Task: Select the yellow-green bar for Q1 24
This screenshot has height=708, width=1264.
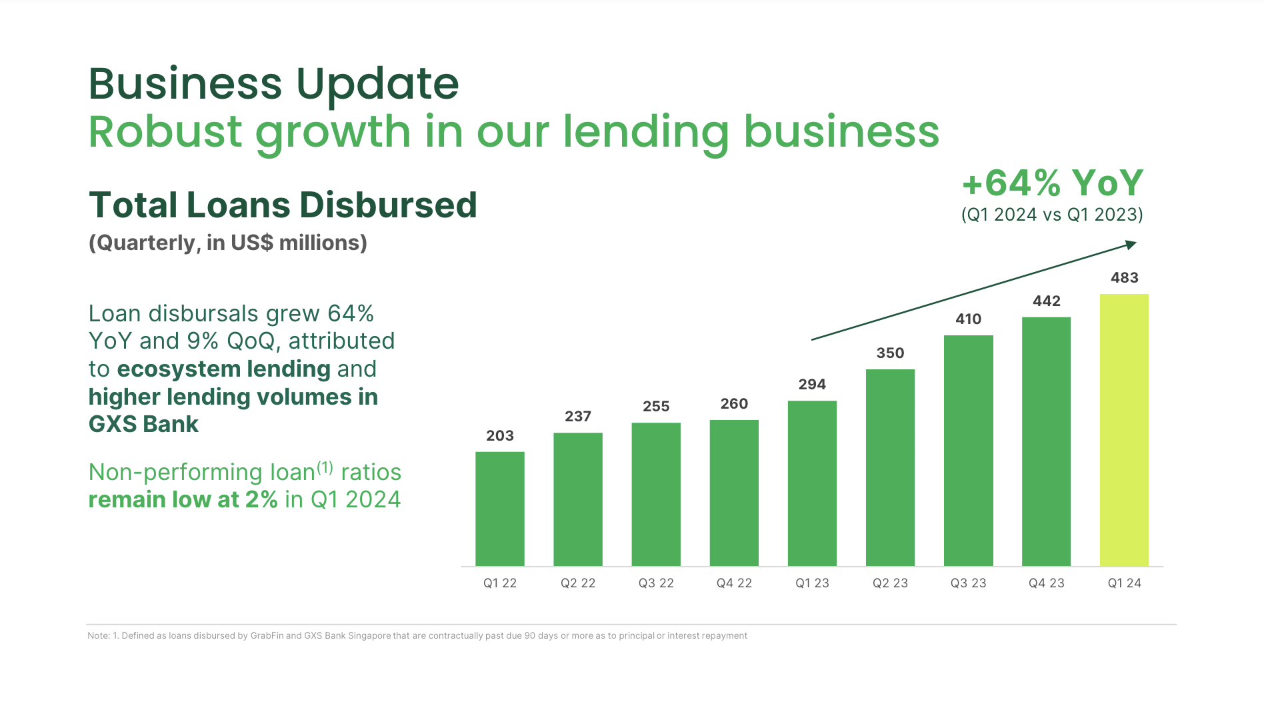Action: coord(1124,430)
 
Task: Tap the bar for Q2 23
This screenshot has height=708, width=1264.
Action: coord(890,467)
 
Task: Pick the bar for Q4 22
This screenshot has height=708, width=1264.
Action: coord(734,493)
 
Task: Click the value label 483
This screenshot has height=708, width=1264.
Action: coord(1124,278)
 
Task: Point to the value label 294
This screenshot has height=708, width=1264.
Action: coord(812,385)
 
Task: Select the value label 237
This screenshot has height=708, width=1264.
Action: coord(578,417)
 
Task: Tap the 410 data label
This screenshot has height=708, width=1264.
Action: coord(968,319)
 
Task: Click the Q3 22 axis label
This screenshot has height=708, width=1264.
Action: coord(656,583)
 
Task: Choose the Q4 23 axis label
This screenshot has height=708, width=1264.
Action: coord(1046,583)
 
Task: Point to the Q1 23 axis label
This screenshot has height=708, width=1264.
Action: coord(812,583)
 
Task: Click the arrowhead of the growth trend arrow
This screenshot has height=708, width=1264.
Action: coord(1131,245)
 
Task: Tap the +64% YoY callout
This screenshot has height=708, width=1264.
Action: coord(1053,183)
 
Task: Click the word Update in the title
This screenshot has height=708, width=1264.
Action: coord(377,84)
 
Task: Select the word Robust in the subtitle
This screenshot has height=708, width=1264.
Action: coord(165,131)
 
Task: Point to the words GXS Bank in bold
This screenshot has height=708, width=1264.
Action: coord(143,425)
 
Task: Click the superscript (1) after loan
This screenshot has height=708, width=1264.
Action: coord(325,467)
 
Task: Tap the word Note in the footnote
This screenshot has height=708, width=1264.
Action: coord(98,636)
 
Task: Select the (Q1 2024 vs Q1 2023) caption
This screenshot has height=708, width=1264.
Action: coord(1052,215)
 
